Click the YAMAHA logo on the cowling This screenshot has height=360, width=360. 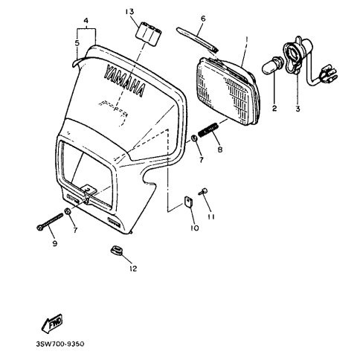tap(124, 80)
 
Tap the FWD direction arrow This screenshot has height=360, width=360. tap(52, 323)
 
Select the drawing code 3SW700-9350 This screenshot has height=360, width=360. tap(60, 344)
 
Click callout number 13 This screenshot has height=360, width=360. tap(129, 12)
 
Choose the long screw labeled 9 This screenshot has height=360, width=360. tap(50, 221)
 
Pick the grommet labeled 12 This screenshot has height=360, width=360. tap(116, 251)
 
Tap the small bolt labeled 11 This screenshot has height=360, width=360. tap(202, 192)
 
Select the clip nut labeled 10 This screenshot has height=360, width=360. tap(189, 201)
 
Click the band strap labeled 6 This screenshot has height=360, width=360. tap(198, 39)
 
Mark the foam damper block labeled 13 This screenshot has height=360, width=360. tap(148, 34)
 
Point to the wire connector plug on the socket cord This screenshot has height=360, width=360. tap(329, 74)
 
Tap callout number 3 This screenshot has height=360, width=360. tap(298, 109)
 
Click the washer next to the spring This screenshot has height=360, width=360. tap(194, 138)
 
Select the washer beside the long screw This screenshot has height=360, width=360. tap(68, 211)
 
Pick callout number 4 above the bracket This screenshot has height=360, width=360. tap(86, 20)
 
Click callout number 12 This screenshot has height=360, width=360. tap(133, 269)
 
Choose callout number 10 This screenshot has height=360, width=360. tap(195, 228)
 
